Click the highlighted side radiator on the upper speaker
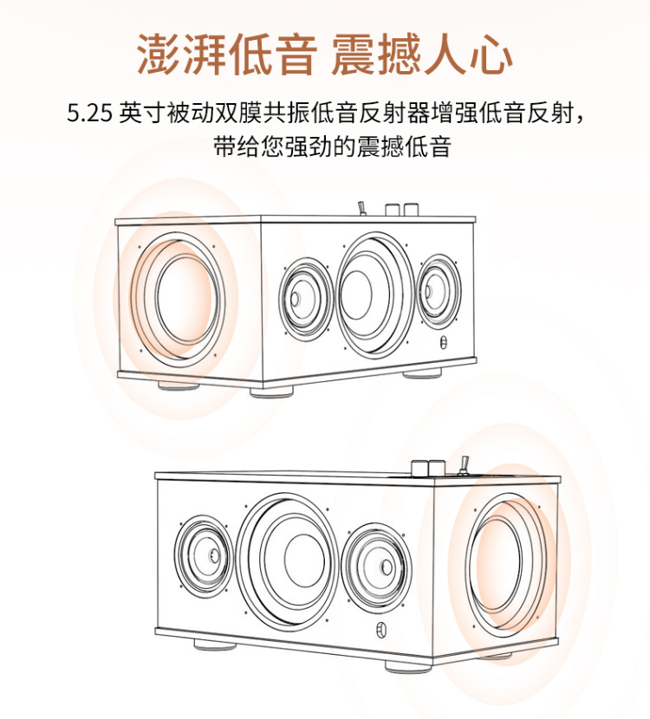click(x=178, y=300)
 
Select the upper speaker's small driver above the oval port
click(x=438, y=291)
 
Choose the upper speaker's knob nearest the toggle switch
click(x=392, y=210)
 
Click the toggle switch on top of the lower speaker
click(x=465, y=465)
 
